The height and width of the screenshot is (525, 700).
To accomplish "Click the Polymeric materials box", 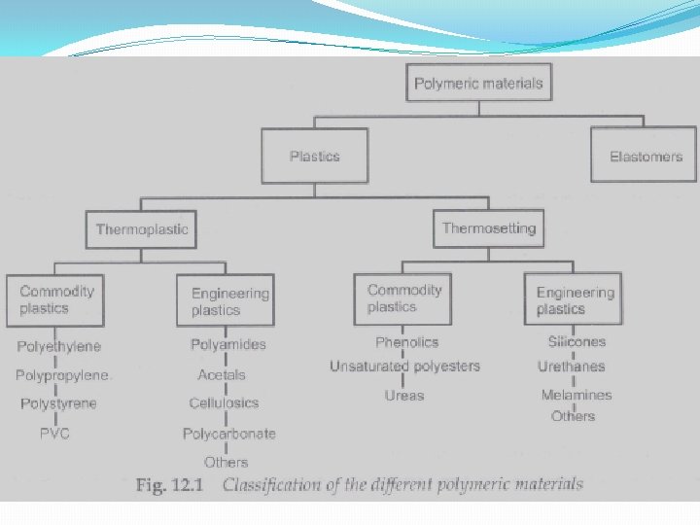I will tap(478, 84).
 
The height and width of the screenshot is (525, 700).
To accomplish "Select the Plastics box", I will tap(315, 157).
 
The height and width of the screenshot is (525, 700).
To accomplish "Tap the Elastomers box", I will tap(646, 157).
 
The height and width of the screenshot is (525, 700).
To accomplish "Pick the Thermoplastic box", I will tap(142, 230).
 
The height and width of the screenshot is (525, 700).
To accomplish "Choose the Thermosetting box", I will tap(488, 228).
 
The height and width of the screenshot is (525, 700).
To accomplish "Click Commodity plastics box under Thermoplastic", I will tap(56, 299).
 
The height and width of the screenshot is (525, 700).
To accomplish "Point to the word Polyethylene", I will tap(58, 346).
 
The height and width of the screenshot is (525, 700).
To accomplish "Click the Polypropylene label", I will tap(63, 375).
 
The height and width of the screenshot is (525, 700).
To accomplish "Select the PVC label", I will tap(55, 434).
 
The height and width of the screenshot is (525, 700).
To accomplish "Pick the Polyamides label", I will tap(228, 344).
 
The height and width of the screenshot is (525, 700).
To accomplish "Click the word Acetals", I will tap(222, 374).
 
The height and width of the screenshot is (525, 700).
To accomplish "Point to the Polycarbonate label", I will tap(229, 434).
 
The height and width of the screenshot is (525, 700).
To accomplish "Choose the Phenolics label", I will tap(406, 342).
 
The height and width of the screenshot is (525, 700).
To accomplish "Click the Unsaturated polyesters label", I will tap(404, 367).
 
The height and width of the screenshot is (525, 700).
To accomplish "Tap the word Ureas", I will tap(403, 396).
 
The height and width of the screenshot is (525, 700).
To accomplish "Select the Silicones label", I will tap(577, 342).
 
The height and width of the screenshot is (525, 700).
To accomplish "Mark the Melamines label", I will tap(577, 395).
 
